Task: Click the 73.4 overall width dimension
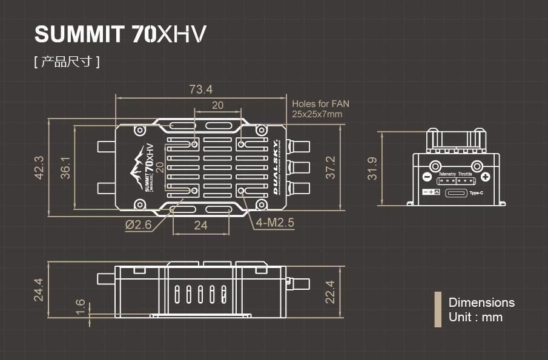point(200,90)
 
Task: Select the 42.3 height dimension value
point(39,168)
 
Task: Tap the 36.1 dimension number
point(65,168)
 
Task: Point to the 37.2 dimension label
point(329,168)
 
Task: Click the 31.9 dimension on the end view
point(372,169)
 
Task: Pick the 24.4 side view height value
point(39,289)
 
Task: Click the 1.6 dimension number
point(81,307)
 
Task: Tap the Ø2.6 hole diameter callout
point(138,224)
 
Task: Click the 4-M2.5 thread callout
point(275,223)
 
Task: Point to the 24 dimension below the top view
point(200,225)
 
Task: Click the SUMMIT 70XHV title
point(120,34)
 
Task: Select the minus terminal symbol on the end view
point(426,177)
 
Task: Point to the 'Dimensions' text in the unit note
point(481,303)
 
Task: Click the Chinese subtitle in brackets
point(67,62)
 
